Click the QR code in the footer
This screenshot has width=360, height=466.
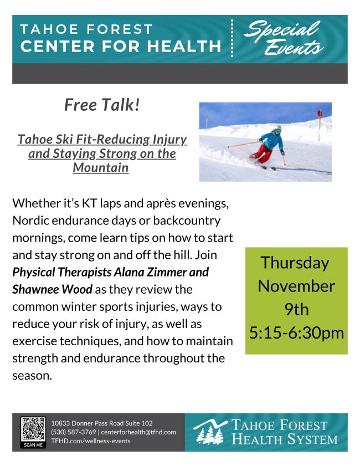(x=33, y=429)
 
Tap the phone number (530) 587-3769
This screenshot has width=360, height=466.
(x=73, y=432)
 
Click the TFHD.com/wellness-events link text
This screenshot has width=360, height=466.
(x=91, y=441)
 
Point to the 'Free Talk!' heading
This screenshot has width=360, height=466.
(x=102, y=105)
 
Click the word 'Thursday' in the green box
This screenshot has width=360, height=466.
(x=295, y=263)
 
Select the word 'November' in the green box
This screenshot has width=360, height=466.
(x=296, y=286)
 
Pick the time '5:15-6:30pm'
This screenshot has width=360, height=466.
(x=296, y=333)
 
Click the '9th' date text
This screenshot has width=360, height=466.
(x=296, y=310)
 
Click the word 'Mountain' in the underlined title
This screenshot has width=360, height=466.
(x=101, y=167)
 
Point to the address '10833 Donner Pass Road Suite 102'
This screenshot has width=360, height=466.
(x=102, y=423)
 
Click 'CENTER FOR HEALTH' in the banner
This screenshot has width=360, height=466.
(x=121, y=46)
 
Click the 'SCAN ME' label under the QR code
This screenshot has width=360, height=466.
(x=33, y=444)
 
